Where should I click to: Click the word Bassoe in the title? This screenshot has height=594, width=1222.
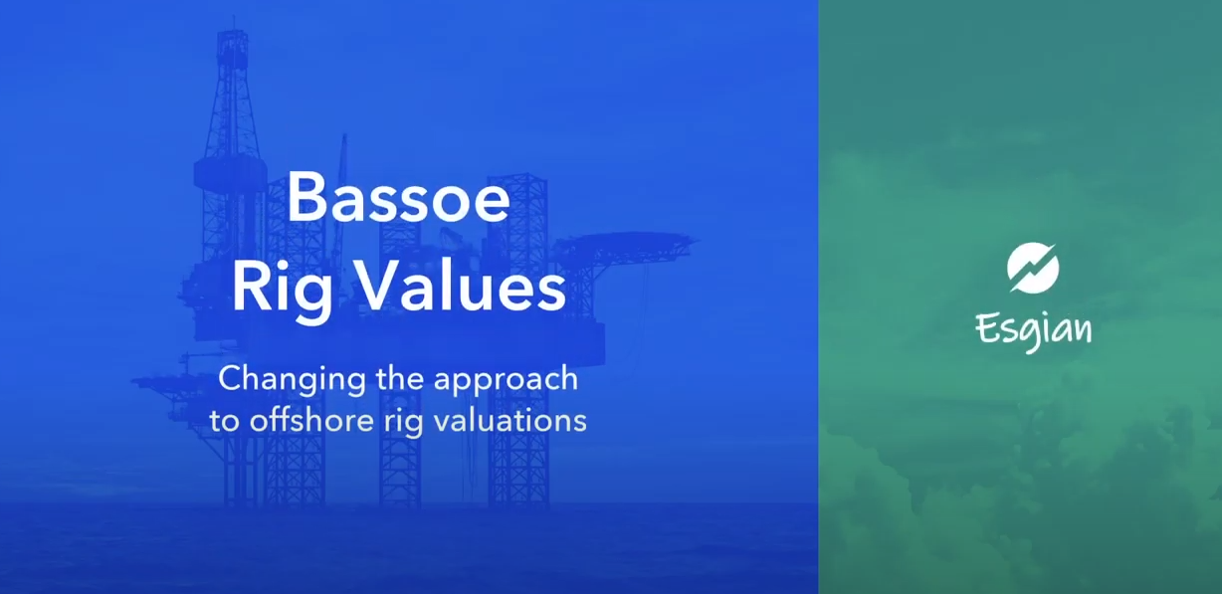pyautogui.click(x=399, y=196)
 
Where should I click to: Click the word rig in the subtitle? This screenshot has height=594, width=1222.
pyautogui.click(x=403, y=423)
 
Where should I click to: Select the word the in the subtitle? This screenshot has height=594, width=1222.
pyautogui.click(x=399, y=378)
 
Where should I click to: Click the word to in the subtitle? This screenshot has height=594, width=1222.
pyautogui.click(x=224, y=422)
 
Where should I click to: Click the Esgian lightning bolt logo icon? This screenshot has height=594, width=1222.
pyautogui.click(x=1033, y=268)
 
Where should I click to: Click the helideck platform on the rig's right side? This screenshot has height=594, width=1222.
pyautogui.click(x=627, y=244)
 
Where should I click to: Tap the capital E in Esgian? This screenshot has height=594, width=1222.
pyautogui.click(x=986, y=329)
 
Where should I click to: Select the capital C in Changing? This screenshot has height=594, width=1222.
pyautogui.click(x=233, y=378)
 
